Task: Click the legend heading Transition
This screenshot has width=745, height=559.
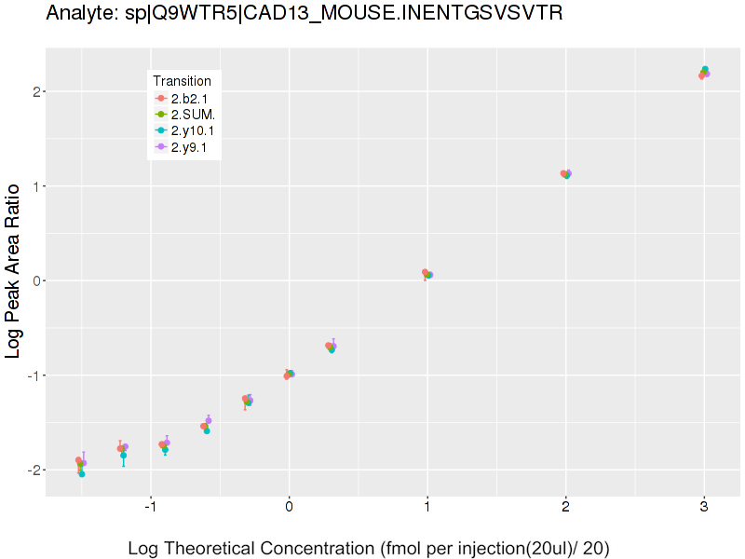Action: pos(182,81)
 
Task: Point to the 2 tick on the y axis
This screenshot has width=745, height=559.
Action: pos(33,91)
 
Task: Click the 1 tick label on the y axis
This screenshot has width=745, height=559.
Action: pos(33,186)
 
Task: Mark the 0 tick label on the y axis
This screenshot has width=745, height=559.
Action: pos(33,280)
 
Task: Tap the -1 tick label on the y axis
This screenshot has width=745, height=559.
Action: pos(30,375)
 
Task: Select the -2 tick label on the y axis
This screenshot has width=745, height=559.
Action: pos(30,470)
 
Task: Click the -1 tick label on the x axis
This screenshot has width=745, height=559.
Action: pos(150,508)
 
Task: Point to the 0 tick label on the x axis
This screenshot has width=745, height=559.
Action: pos(289,508)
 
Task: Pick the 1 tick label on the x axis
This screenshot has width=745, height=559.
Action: pos(427,508)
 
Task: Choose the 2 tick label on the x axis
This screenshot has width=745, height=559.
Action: pos(565,508)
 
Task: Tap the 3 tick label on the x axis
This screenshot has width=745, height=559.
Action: pos(704,508)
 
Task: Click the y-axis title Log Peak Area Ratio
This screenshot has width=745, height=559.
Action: pos(14,271)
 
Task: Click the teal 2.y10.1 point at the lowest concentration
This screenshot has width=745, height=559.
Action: pos(82,474)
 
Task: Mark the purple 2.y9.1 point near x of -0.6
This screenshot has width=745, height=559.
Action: pos(209,420)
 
